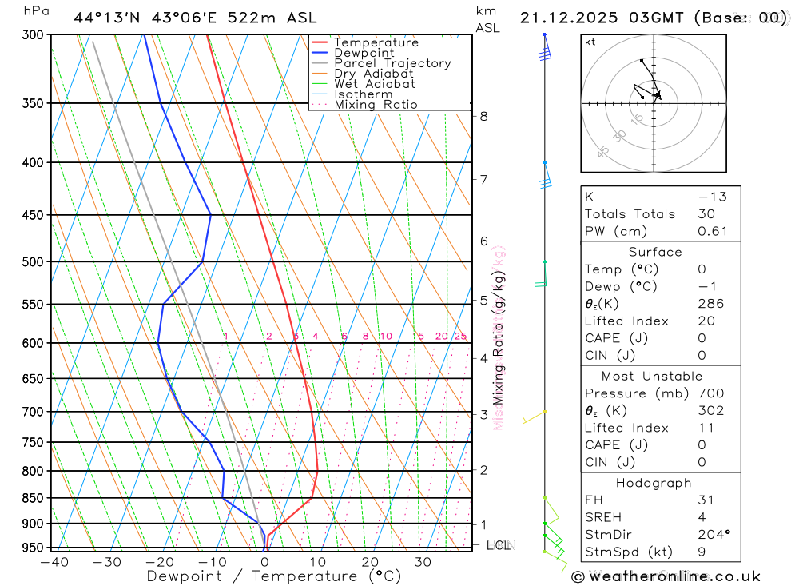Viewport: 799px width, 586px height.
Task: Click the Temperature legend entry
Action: coord(376,42)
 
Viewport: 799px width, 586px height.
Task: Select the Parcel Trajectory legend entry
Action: coord(392,63)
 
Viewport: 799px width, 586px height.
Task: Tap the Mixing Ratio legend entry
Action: coord(376,105)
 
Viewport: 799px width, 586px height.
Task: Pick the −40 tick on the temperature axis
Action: coord(53,562)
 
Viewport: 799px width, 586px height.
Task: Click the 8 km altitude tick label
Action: coord(483,116)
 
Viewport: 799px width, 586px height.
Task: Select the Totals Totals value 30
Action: coord(706,214)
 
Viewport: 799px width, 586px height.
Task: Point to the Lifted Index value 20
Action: coord(706,321)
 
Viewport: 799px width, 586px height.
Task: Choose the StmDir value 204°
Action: coord(712,535)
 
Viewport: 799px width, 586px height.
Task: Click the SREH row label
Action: coord(604,517)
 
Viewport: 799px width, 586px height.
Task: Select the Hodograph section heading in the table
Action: coord(654,483)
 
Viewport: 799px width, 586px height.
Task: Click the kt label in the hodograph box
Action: coord(590,42)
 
